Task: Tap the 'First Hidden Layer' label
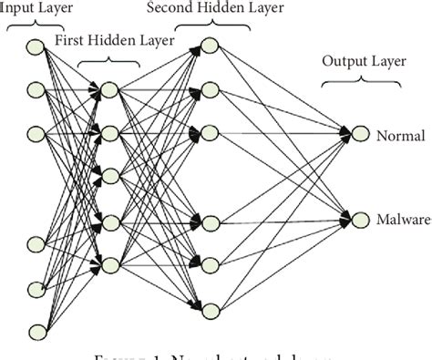(x=115, y=42)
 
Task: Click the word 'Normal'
(x=400, y=136)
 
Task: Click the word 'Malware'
(x=403, y=220)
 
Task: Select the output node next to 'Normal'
(x=360, y=136)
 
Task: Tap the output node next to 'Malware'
(x=360, y=220)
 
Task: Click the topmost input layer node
(x=36, y=46)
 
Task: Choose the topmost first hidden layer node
(x=110, y=89)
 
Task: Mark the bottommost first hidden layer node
(x=110, y=265)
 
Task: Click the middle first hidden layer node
(x=110, y=176)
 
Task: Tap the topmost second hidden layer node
(x=209, y=45)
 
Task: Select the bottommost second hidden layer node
(x=209, y=308)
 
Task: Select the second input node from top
(x=36, y=89)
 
